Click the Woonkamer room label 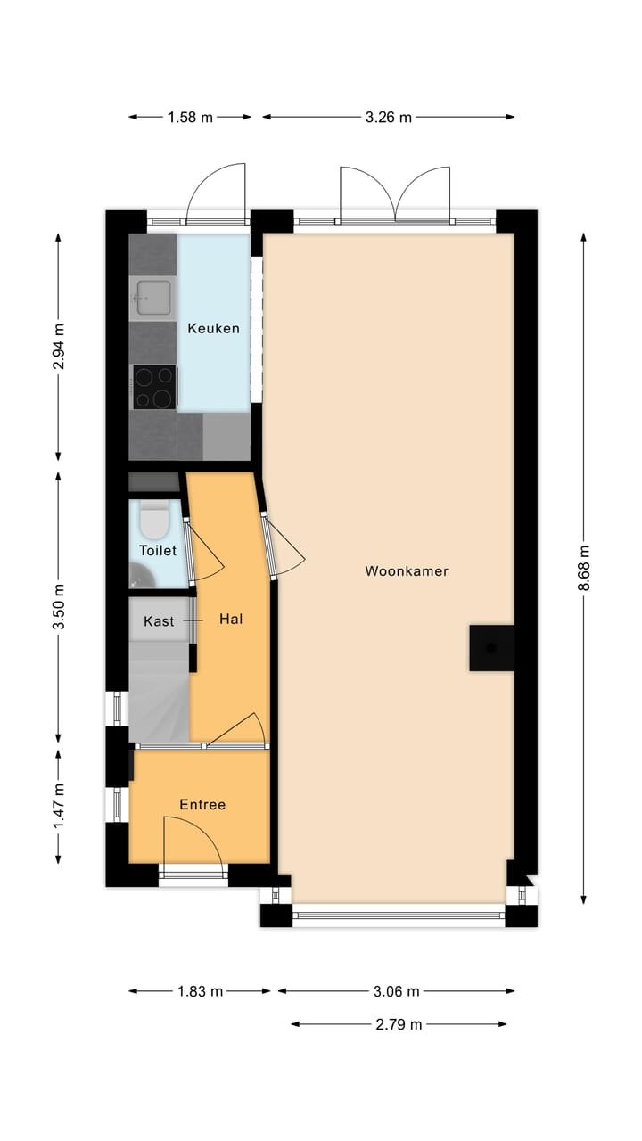[406, 571]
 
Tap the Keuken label [213, 328]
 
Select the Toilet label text [157, 551]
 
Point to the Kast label [159, 621]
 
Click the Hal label [232, 619]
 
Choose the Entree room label [202, 804]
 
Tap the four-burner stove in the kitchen [154, 387]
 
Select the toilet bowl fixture [155, 521]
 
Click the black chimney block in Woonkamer [491, 647]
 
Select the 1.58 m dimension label [190, 117]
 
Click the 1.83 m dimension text [201, 991]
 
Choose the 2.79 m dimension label [399, 1024]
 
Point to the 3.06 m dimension [396, 991]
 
